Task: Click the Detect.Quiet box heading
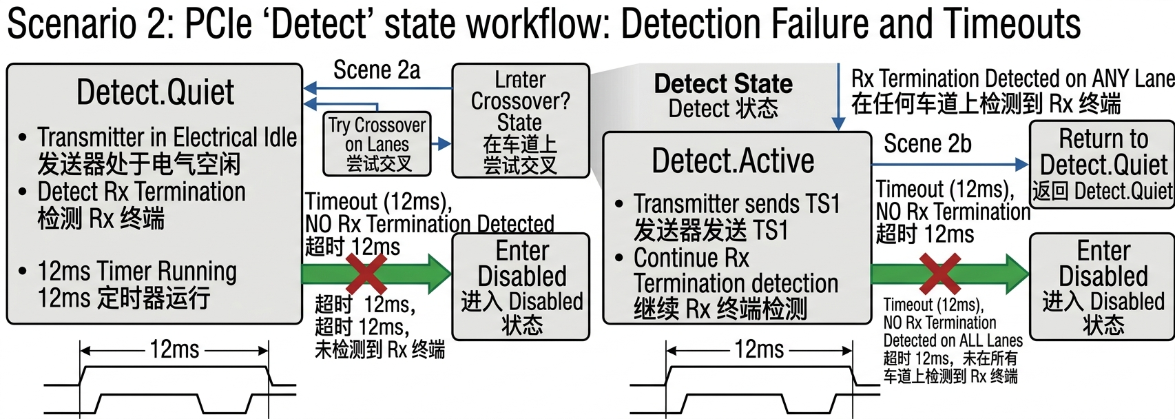tap(155, 93)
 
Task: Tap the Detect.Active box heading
tap(733, 160)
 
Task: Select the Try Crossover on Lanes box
tap(377, 144)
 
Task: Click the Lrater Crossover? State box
tap(521, 121)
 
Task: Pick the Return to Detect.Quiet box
tap(1102, 164)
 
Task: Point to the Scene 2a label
tap(377, 70)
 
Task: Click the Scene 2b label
tap(928, 143)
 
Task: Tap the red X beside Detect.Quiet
tap(366, 274)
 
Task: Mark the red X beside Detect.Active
tap(940, 274)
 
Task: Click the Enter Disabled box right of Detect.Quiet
tap(521, 287)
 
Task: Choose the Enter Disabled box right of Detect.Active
tap(1102, 287)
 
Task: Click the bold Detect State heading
tap(722, 83)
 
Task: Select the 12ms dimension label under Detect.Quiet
tap(175, 349)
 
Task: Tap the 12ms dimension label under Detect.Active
tap(759, 349)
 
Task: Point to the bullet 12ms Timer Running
tap(137, 272)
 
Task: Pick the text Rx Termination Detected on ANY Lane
tap(1012, 79)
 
